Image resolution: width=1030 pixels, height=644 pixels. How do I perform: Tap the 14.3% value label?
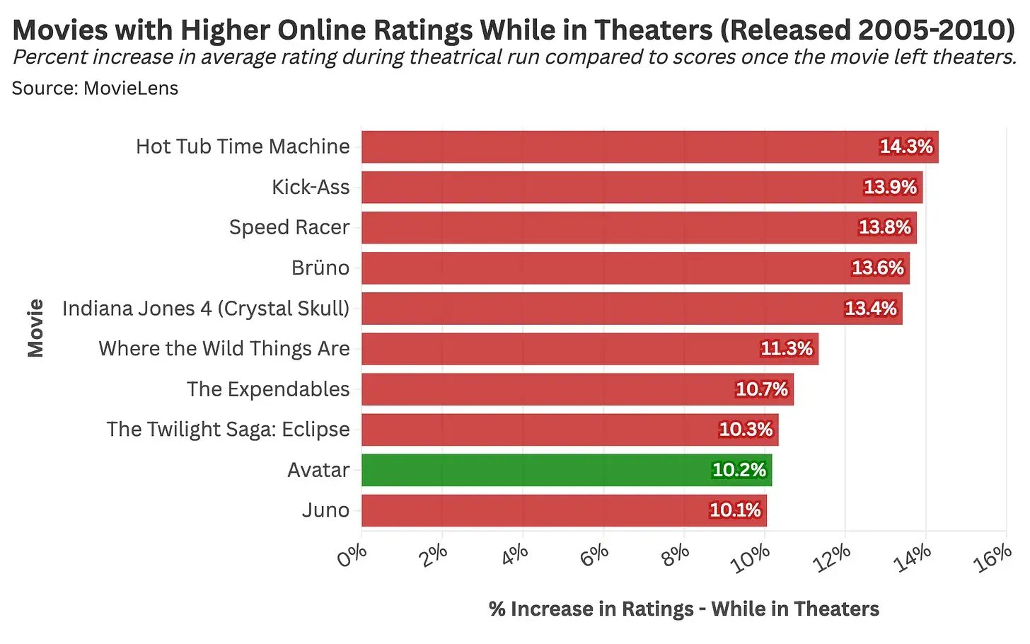click(905, 146)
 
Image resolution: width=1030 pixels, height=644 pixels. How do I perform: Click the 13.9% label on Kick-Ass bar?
click(890, 187)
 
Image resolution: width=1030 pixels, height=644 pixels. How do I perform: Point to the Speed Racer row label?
click(289, 227)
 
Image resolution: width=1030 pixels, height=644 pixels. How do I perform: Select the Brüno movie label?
click(320, 268)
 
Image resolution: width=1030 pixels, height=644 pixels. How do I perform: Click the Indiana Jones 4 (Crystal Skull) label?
click(206, 309)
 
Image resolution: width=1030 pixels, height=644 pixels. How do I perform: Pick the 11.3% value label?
click(786, 349)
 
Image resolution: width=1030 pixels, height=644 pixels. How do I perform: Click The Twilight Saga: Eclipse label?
click(228, 430)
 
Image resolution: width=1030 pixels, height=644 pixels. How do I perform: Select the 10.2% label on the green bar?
click(739, 470)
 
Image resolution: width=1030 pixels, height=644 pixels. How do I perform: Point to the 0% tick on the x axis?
click(352, 556)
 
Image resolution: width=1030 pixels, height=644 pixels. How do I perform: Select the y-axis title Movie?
click(35, 328)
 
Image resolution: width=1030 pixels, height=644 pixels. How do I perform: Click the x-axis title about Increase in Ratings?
click(683, 609)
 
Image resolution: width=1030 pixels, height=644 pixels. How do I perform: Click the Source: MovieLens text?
click(95, 88)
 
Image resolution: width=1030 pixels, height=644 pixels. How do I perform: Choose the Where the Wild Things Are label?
click(224, 349)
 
